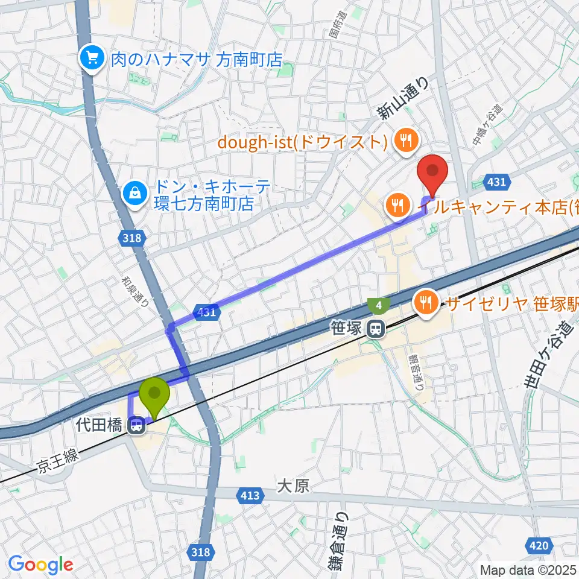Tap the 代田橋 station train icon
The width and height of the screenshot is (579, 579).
pos(137,426)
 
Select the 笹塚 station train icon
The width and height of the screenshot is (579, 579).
pos(376,329)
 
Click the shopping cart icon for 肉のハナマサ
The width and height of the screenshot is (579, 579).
pos(92,59)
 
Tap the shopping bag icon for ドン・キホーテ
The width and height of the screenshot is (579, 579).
pos(131,194)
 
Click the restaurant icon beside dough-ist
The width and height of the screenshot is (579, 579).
pos(403,141)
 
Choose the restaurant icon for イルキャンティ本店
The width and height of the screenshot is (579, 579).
pos(397,206)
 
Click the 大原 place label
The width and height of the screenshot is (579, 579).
pos(294,486)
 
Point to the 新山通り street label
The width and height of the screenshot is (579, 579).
pos(402,98)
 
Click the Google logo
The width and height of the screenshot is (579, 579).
pos(40,565)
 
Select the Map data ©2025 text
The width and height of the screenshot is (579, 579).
pos(528,569)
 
